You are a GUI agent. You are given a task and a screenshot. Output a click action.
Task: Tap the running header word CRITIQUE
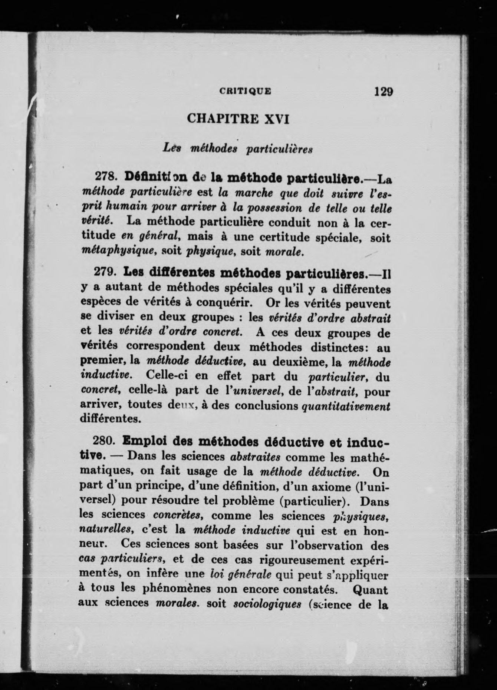pyautogui.click(x=245, y=91)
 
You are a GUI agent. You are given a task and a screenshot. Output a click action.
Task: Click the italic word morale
pyautogui.click(x=284, y=252)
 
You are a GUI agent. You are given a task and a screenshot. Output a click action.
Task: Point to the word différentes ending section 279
pyautogui.click(x=105, y=418)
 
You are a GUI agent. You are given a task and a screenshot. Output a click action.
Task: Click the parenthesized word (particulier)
pyautogui.click(x=315, y=501)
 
